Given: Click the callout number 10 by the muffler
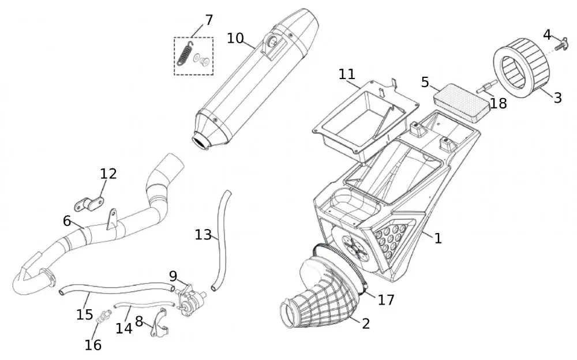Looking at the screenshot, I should point(235,38).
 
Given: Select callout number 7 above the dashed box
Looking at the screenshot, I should point(209,20).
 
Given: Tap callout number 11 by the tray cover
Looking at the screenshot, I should point(347,74).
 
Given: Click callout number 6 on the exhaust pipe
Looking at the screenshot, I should point(67,221).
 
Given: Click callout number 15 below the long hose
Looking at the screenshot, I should point(84,314).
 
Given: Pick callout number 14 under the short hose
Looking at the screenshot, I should point(123,328).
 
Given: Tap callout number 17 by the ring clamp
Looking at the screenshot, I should point(386,299).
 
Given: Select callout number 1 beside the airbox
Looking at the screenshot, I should point(438,238).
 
